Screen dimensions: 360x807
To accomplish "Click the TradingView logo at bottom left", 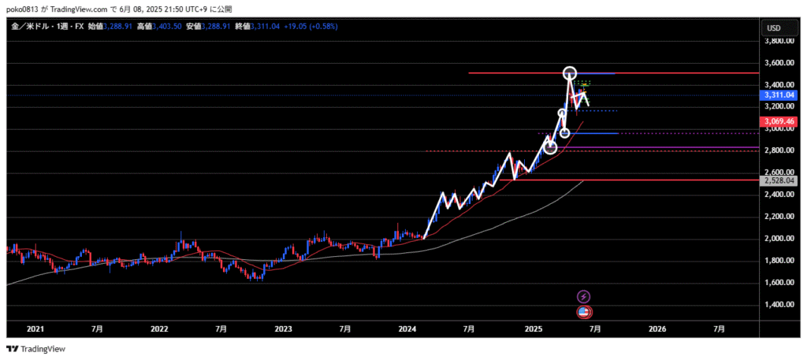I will (36, 349).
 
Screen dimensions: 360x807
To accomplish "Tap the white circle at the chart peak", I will (570, 73).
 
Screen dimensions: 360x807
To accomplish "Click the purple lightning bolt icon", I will (584, 296).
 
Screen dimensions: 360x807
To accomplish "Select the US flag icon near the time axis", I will (584, 313).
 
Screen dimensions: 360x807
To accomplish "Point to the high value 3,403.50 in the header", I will (166, 26).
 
